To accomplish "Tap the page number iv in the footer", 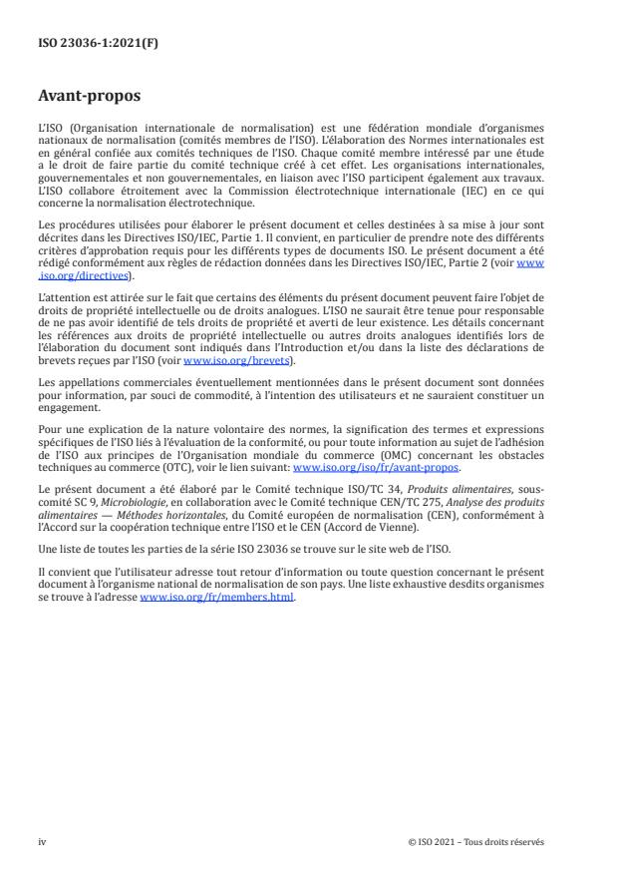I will click(42, 842).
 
